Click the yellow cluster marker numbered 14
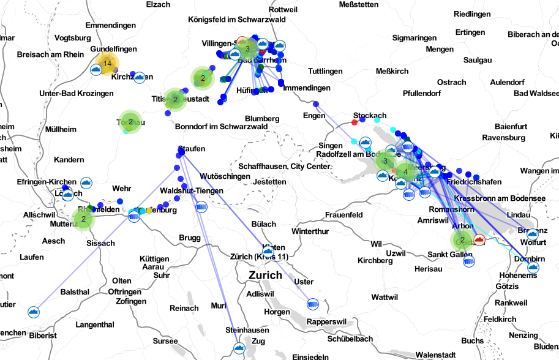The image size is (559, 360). [107, 64]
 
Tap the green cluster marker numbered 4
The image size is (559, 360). [405, 172]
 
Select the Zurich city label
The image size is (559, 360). [265, 276]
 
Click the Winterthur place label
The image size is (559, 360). [310, 231]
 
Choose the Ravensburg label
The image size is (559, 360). [504, 138]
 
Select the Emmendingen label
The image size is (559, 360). [110, 26]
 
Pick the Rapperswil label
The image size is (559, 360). [327, 321]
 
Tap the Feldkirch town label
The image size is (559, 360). [500, 319]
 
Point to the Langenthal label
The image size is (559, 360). [95, 324]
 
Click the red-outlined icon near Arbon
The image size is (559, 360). [479, 239]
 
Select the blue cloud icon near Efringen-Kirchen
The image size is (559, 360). [86, 182]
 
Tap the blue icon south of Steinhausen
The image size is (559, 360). [239, 349]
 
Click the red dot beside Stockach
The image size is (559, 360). [355, 123]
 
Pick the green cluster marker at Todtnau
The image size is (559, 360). [130, 122]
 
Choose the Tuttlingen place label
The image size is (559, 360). [325, 72]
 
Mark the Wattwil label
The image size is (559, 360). [385, 297]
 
